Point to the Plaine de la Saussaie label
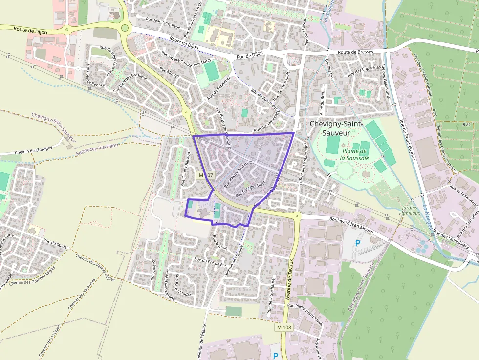[x=355, y=154]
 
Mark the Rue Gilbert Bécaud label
[x=186, y=169]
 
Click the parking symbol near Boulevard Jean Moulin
[x=357, y=243]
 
